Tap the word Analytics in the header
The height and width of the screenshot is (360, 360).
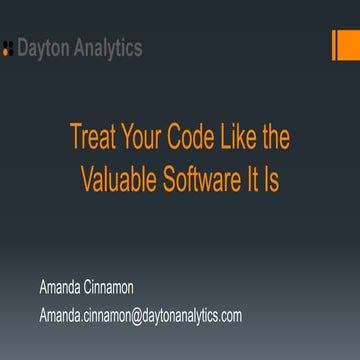point(108,48)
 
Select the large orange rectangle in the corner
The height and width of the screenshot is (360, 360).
point(349,45)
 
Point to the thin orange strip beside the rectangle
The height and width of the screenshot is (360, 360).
point(334,45)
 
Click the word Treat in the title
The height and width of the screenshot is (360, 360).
point(92,137)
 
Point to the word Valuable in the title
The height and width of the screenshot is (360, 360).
point(119,177)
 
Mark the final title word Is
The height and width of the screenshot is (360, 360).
point(275,177)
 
